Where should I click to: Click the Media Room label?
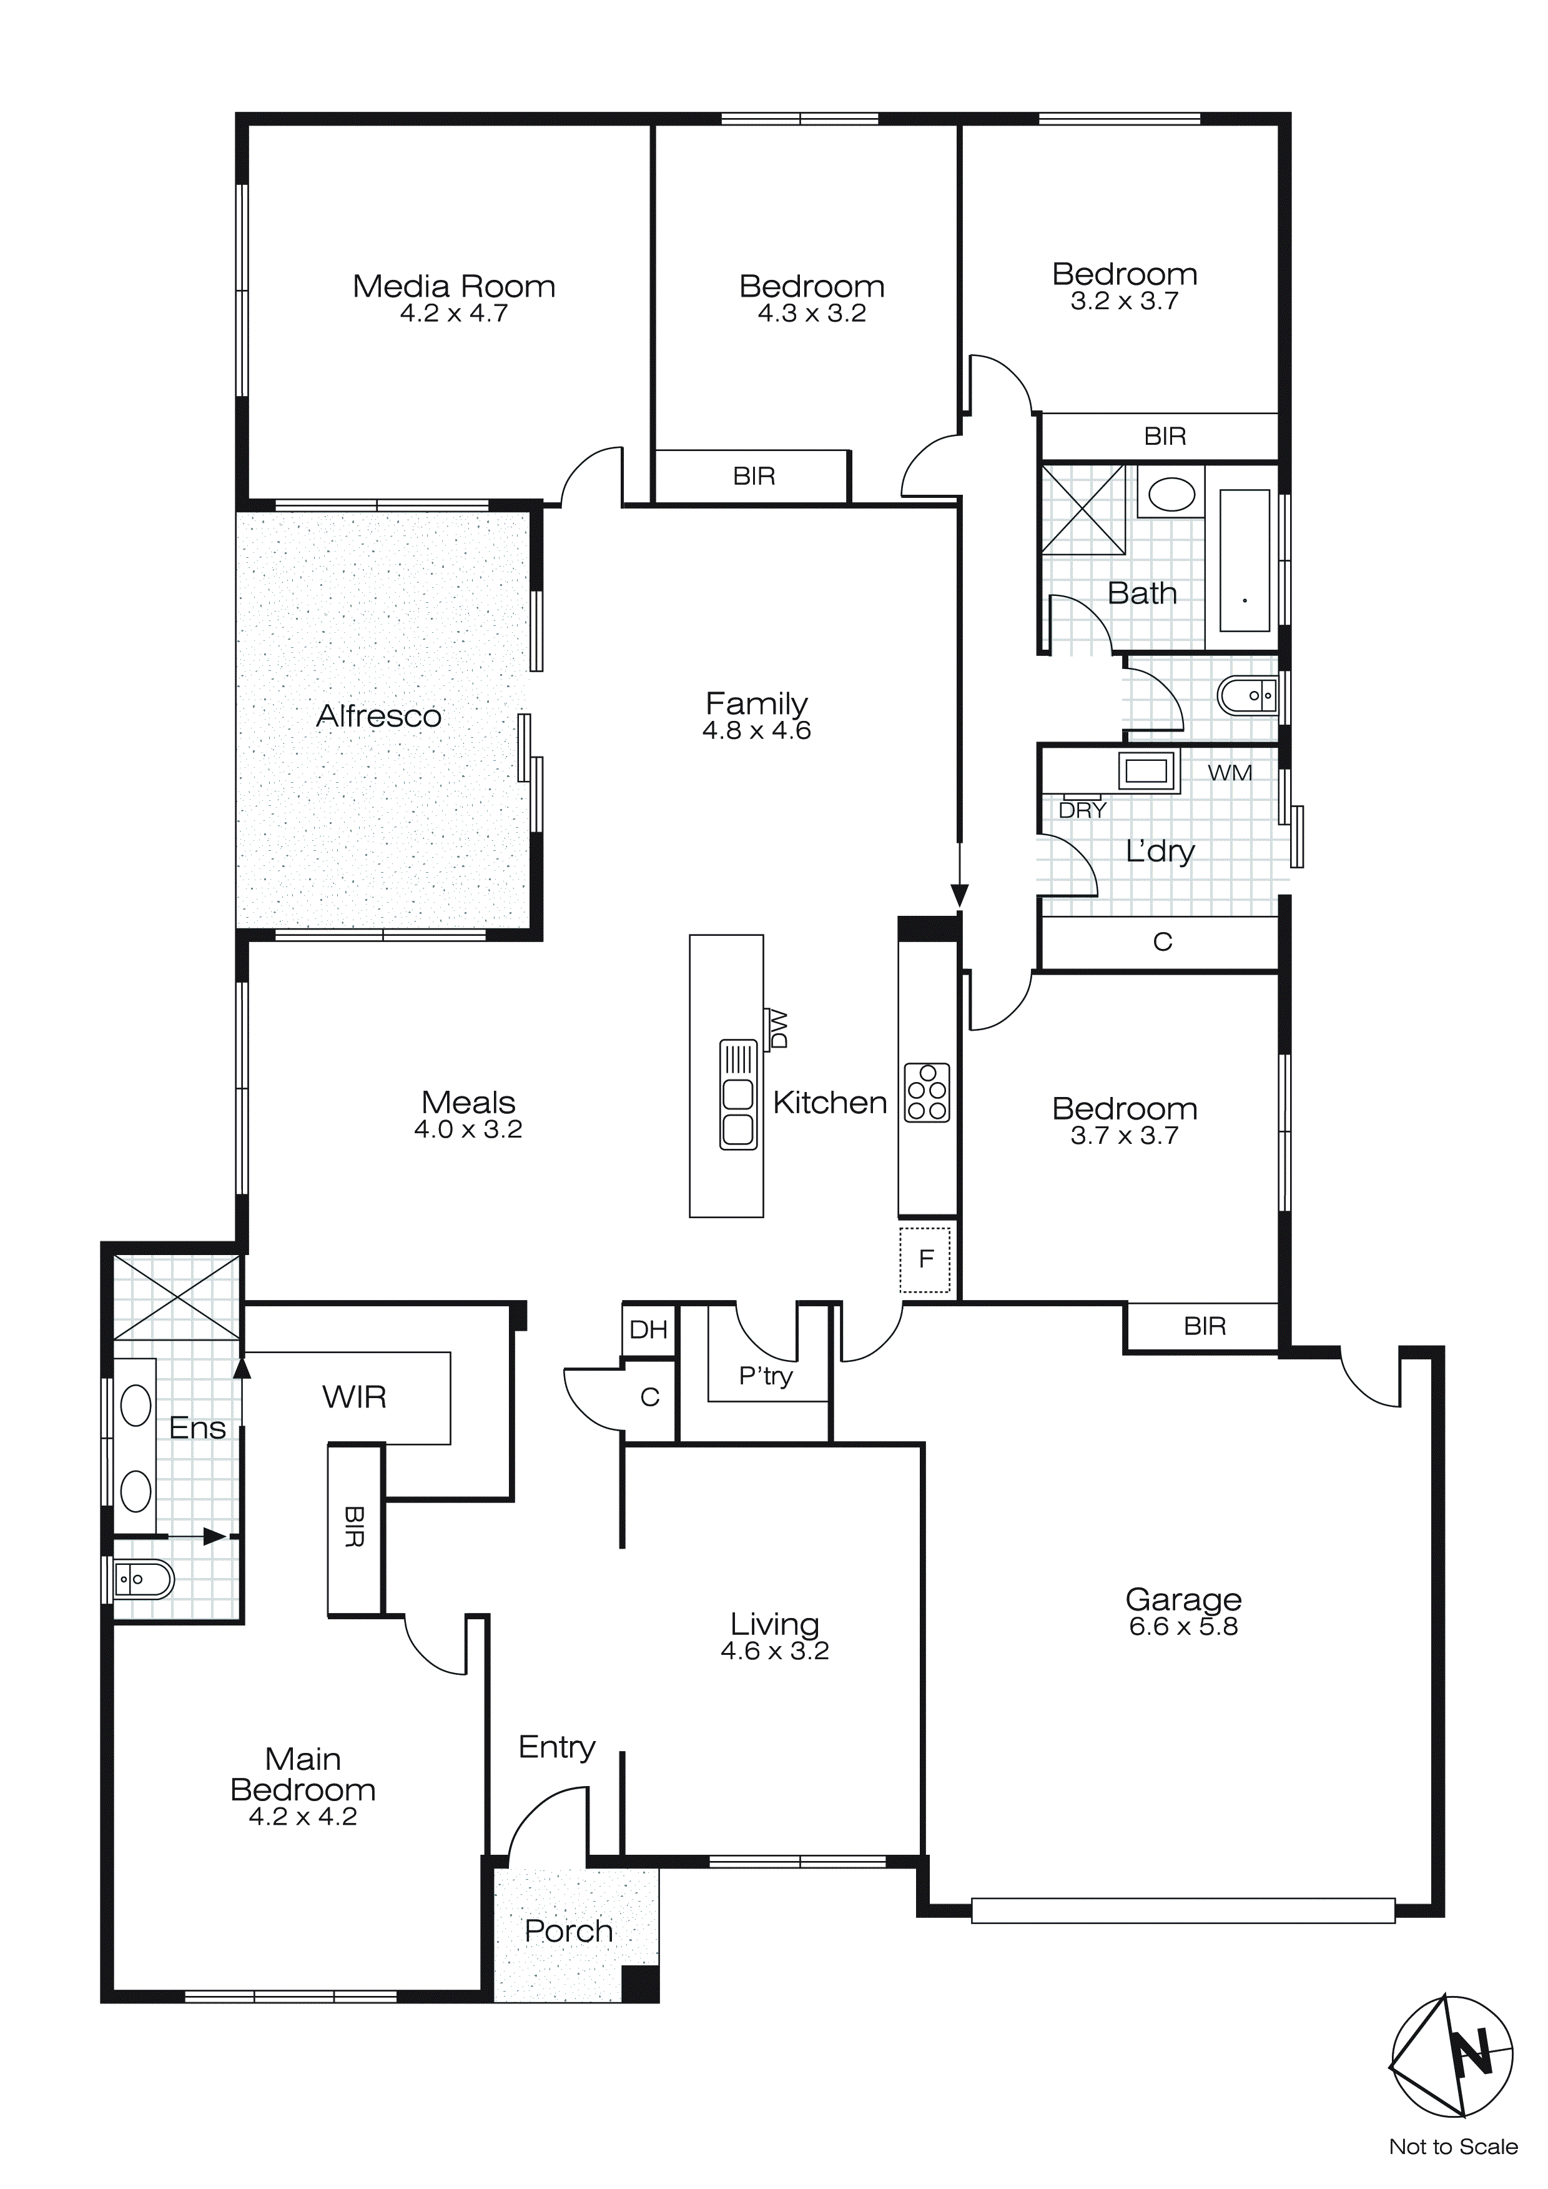(454, 286)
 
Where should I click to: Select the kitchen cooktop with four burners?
(927, 1091)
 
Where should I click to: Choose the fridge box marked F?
(925, 1259)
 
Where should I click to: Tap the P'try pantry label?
(766, 1376)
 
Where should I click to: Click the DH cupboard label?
(648, 1330)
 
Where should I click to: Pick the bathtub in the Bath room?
(1245, 560)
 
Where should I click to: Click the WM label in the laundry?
(1230, 773)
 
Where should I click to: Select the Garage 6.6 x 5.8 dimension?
(1183, 1627)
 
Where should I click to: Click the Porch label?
(568, 1932)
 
